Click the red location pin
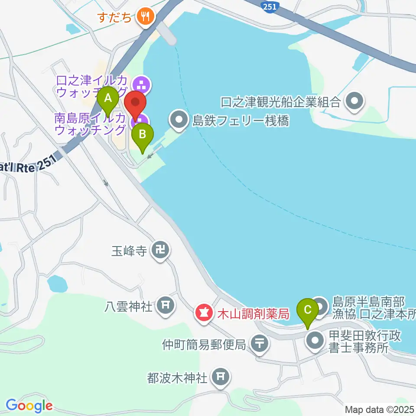(136, 104)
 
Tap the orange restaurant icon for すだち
(143, 17)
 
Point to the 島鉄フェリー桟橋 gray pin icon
(178, 120)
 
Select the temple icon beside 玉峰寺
(161, 250)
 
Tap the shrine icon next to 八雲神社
(165, 305)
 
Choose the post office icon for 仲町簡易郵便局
(260, 344)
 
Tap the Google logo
(29, 405)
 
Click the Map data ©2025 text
(379, 409)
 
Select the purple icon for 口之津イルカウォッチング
(141, 83)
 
